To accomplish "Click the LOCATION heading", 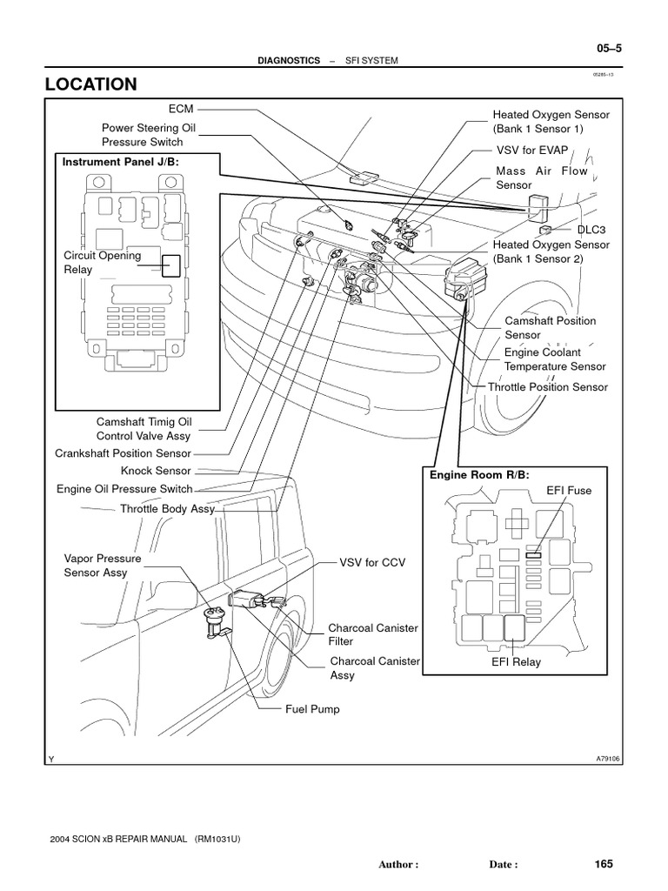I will pos(91,84).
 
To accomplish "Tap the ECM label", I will pos(181,109).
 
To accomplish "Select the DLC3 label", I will pos(591,230).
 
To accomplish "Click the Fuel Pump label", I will pos(312,709).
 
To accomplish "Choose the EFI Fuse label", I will pos(569,491).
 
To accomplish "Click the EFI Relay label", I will pos(516,662).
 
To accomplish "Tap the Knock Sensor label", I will pos(162,471).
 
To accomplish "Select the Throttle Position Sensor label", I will pos(548,387).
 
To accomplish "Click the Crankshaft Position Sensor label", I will pos(123,453).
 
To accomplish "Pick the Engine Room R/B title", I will pos(479,474).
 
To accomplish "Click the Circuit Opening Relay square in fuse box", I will pos(171,265).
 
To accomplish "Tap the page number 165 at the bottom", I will pos(604,864).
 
